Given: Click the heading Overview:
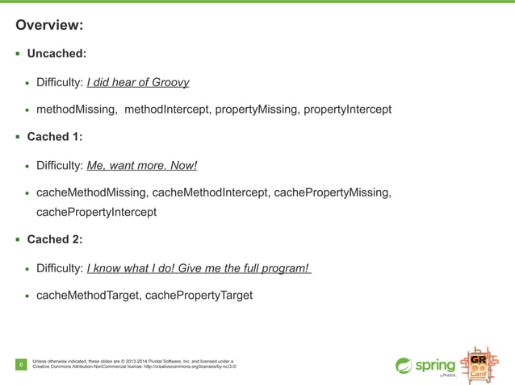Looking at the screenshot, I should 49,25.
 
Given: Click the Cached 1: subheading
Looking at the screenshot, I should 55,137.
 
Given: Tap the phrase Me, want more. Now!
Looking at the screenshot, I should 141,166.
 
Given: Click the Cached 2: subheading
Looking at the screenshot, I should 55,239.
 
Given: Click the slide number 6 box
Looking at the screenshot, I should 21,366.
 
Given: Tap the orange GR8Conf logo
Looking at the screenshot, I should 477,366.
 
